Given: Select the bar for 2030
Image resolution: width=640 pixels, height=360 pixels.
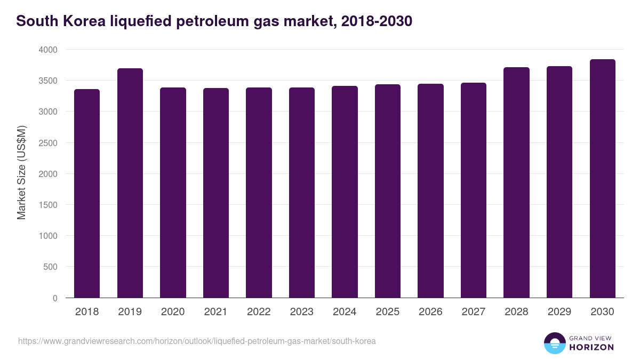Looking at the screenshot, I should [602, 179].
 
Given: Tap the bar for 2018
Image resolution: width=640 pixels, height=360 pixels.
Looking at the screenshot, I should [87, 193].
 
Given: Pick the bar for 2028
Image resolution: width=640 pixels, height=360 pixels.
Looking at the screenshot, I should [516, 182].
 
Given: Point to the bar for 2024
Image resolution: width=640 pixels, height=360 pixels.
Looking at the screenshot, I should [345, 191].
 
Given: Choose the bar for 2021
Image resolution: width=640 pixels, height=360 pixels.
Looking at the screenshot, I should [215, 193].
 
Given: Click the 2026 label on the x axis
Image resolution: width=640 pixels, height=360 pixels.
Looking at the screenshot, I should [430, 312].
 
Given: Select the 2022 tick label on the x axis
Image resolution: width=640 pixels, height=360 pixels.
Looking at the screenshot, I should [259, 312].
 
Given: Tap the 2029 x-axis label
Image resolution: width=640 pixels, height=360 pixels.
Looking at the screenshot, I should [559, 312].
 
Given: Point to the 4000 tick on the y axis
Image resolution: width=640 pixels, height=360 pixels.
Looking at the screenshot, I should [47, 50].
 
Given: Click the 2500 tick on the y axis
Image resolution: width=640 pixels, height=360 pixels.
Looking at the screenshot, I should [47, 143].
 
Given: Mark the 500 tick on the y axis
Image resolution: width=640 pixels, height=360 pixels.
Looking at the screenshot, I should [50, 267].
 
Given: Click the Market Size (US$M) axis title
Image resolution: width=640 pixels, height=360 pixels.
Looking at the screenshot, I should [21, 173].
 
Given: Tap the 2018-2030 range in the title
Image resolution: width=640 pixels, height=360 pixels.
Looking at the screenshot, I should [373, 21].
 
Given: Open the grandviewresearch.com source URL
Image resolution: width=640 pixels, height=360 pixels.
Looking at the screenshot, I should [197, 341].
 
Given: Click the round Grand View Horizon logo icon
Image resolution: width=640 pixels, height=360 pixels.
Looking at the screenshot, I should [554, 343].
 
